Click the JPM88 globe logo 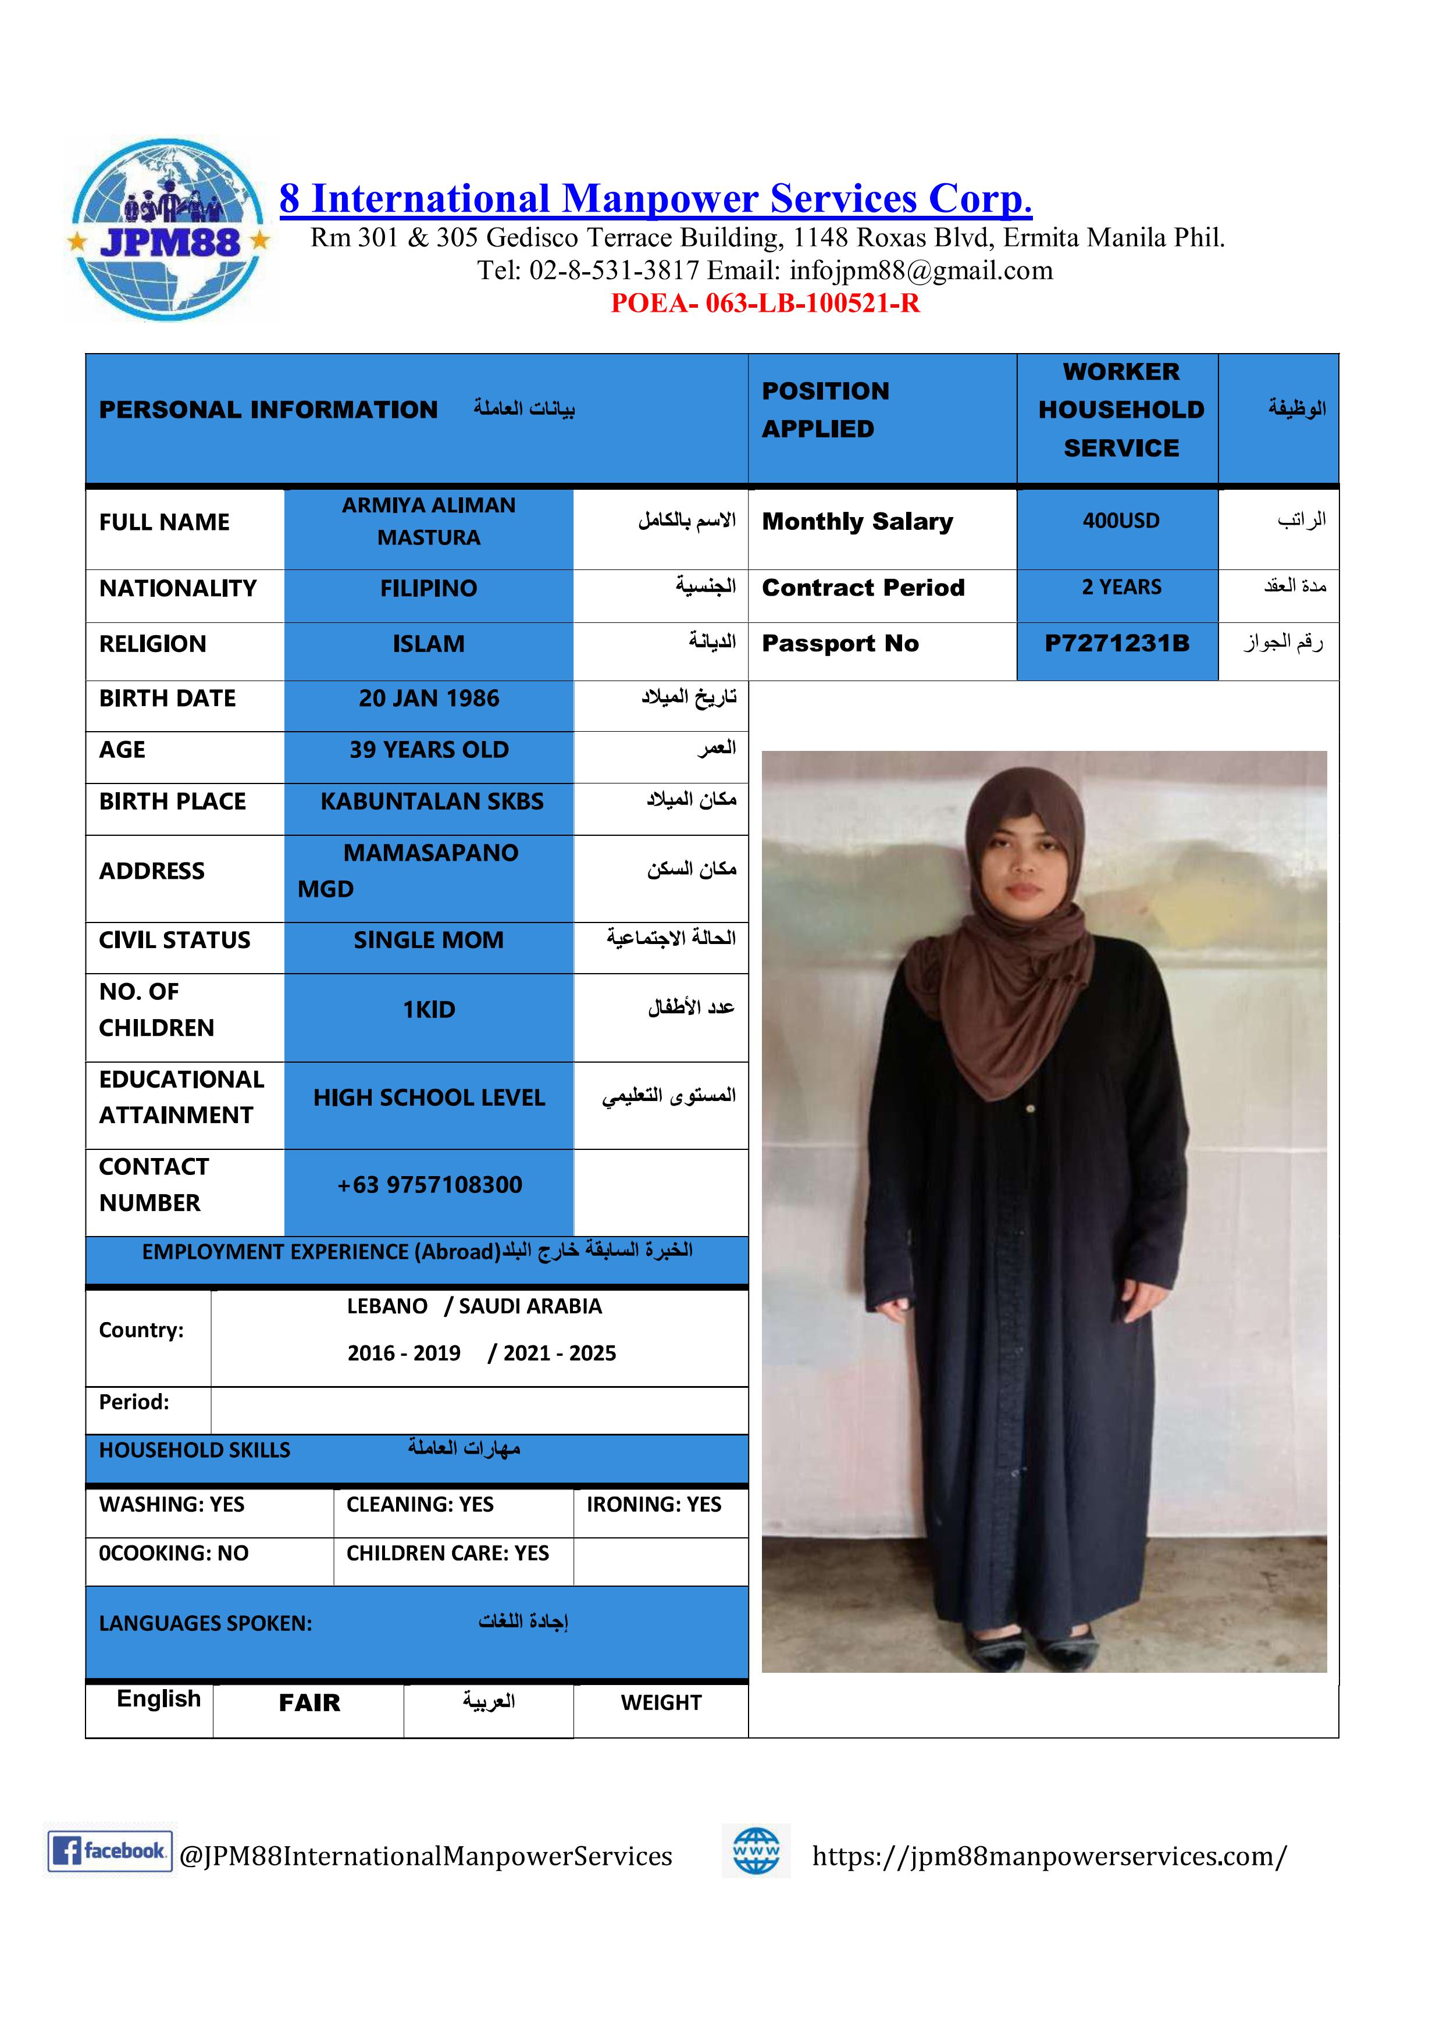pyautogui.click(x=168, y=229)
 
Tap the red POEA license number pyautogui.click(x=765, y=304)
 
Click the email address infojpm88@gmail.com pyautogui.click(x=920, y=270)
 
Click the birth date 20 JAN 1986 pyautogui.click(x=429, y=699)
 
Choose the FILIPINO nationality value pyautogui.click(x=429, y=589)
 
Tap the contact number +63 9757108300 pyautogui.click(x=429, y=1185)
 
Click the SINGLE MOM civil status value pyautogui.click(x=429, y=941)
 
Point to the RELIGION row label pyautogui.click(x=153, y=644)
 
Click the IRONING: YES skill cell pyautogui.click(x=654, y=1504)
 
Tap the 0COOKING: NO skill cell pyautogui.click(x=174, y=1553)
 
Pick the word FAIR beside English pyautogui.click(x=309, y=1703)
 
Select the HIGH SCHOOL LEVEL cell pyautogui.click(x=429, y=1098)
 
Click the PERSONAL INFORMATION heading pyautogui.click(x=269, y=410)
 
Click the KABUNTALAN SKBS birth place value pyautogui.click(x=432, y=802)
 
